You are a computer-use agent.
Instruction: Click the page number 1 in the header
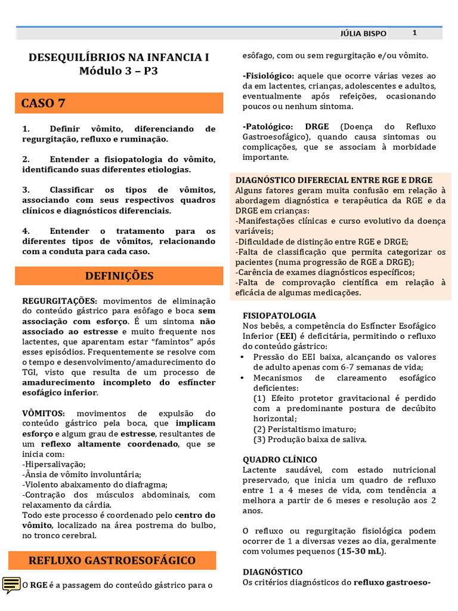point(414,33)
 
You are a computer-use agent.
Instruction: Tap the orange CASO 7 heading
point(44,103)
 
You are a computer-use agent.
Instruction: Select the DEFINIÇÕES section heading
point(119,276)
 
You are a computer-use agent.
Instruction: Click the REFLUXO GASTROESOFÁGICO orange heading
point(112,561)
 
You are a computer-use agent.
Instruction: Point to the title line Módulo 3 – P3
point(119,71)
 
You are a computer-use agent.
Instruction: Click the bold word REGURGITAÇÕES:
point(59,301)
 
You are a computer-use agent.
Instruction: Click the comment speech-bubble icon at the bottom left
point(11,585)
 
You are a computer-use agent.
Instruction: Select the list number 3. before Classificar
point(26,190)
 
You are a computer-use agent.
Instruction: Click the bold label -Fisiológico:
point(268,76)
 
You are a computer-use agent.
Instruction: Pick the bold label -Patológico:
point(268,127)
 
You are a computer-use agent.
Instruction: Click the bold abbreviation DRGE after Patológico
point(317,127)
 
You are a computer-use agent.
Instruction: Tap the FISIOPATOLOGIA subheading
point(279,315)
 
